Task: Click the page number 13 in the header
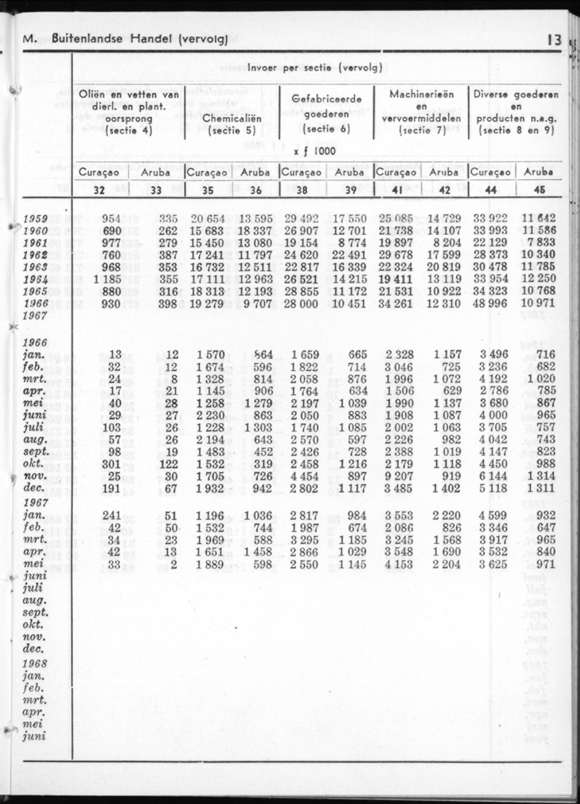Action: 553,40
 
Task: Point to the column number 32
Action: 99,190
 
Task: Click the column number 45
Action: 539,190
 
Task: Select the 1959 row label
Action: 35,219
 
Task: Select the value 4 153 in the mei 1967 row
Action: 399,564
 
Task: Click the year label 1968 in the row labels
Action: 35,663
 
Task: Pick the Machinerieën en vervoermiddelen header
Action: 421,112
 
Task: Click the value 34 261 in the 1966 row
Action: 395,303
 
